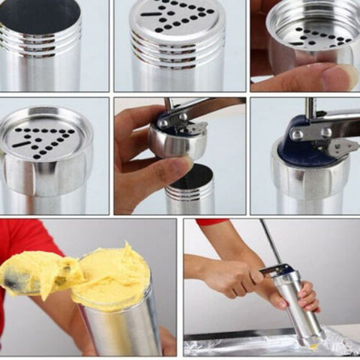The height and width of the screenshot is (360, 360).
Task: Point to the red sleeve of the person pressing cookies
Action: [211, 222]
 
